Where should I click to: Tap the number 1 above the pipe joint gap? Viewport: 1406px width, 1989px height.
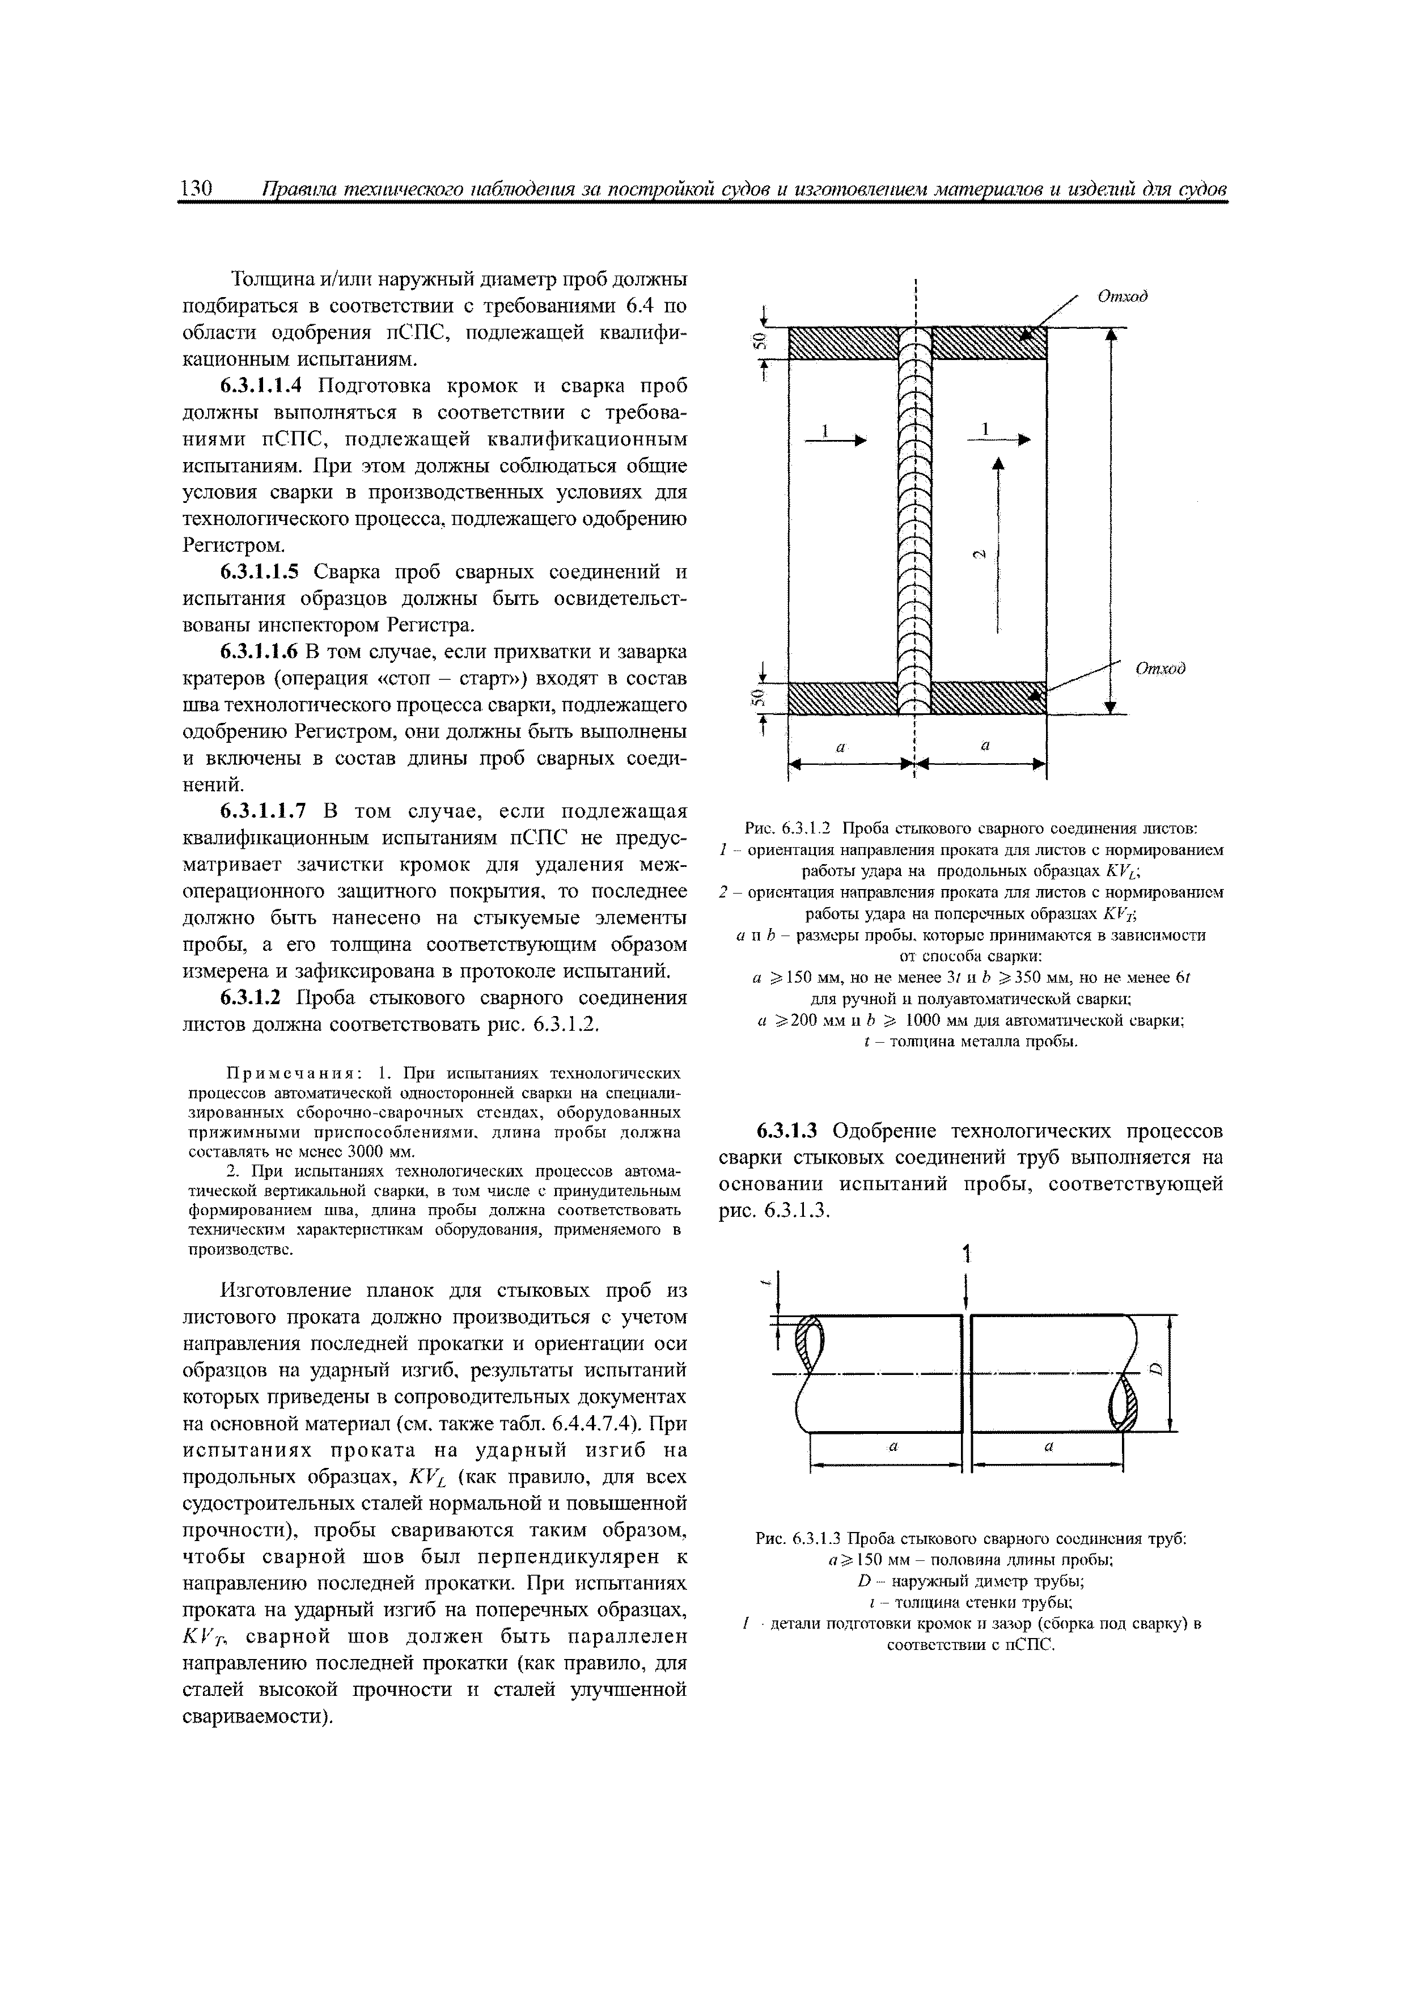click(966, 1252)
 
